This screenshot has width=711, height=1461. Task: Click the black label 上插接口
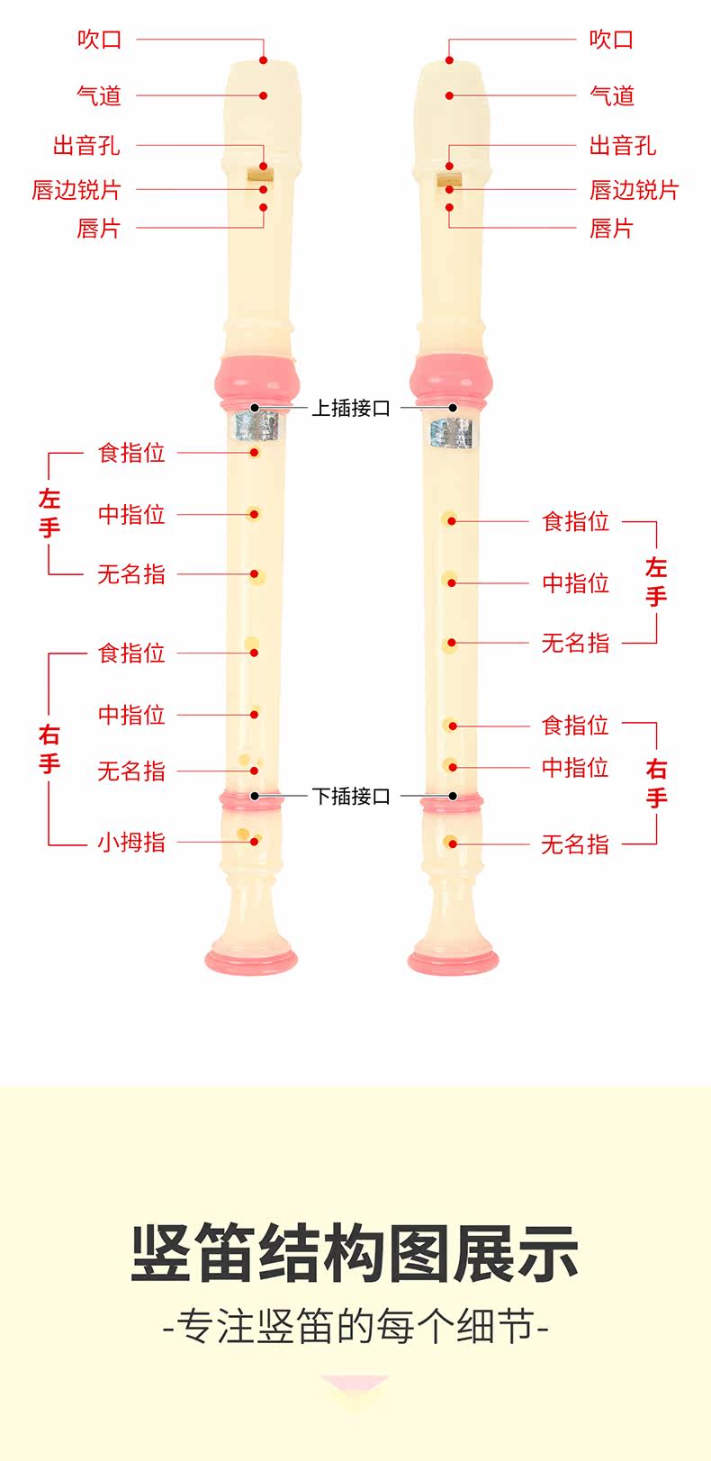click(351, 408)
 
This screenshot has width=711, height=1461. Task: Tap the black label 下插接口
click(351, 796)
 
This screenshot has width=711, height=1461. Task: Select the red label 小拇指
click(131, 842)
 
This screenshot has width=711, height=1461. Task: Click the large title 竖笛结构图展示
click(355, 1252)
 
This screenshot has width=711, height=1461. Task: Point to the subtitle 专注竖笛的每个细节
click(355, 1327)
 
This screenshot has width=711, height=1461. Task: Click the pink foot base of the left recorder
click(251, 957)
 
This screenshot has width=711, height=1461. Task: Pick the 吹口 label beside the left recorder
click(99, 40)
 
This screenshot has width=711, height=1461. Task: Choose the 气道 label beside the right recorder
click(612, 95)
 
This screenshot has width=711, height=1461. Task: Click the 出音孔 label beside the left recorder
click(86, 145)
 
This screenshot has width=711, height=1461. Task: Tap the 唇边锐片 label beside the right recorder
click(634, 190)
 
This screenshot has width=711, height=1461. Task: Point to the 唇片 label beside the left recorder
click(98, 229)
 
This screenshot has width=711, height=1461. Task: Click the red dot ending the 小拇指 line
click(255, 842)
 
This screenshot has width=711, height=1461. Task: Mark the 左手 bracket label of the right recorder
click(656, 582)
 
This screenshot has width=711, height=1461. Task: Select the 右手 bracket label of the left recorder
click(49, 749)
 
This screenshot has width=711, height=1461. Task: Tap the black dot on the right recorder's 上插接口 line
click(454, 408)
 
